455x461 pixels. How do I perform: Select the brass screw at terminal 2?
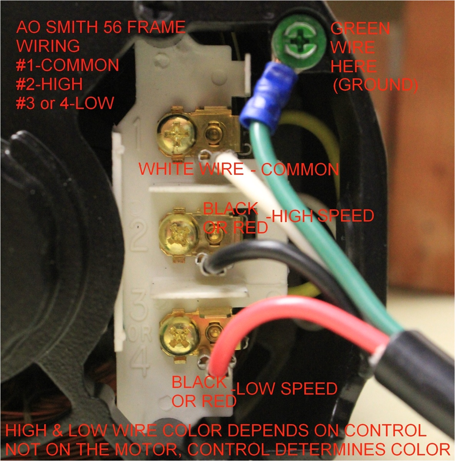tap(179, 234)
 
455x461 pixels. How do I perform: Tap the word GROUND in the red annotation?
tap(375, 85)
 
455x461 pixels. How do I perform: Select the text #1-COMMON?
tap(67, 65)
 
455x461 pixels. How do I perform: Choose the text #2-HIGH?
tap(49, 84)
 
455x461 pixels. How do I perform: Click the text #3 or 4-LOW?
tap(65, 103)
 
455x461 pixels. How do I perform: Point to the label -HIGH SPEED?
tap(320, 216)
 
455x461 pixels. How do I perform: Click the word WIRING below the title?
tap(48, 46)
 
